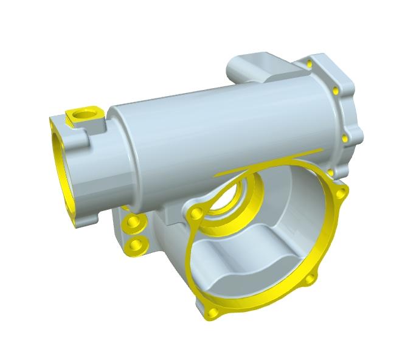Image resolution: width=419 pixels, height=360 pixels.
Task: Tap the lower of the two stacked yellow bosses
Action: tap(135, 245)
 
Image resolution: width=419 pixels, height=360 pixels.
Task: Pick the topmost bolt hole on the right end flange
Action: tap(310, 63)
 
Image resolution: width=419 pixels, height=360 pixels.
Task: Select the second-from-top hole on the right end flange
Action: tap(336, 91)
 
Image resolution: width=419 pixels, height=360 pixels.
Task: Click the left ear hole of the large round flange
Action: tap(196, 213)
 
